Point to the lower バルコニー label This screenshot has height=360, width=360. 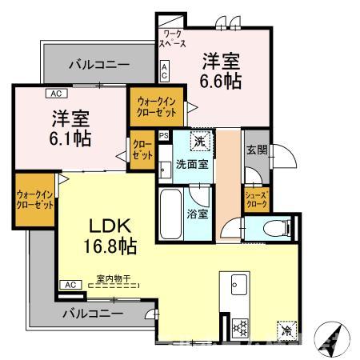94,313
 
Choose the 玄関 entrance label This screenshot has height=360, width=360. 256,149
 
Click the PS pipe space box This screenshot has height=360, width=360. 163,137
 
